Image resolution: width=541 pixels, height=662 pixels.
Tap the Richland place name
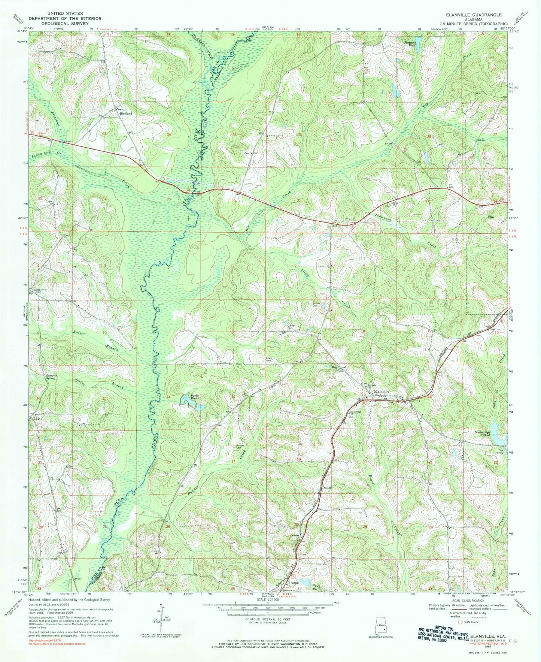click(x=127, y=113)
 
